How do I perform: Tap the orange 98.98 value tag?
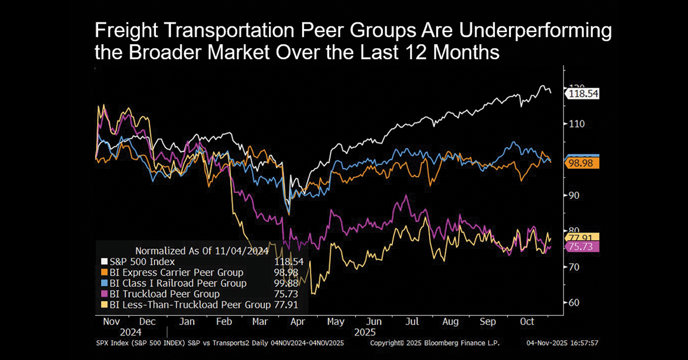point(582,163)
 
